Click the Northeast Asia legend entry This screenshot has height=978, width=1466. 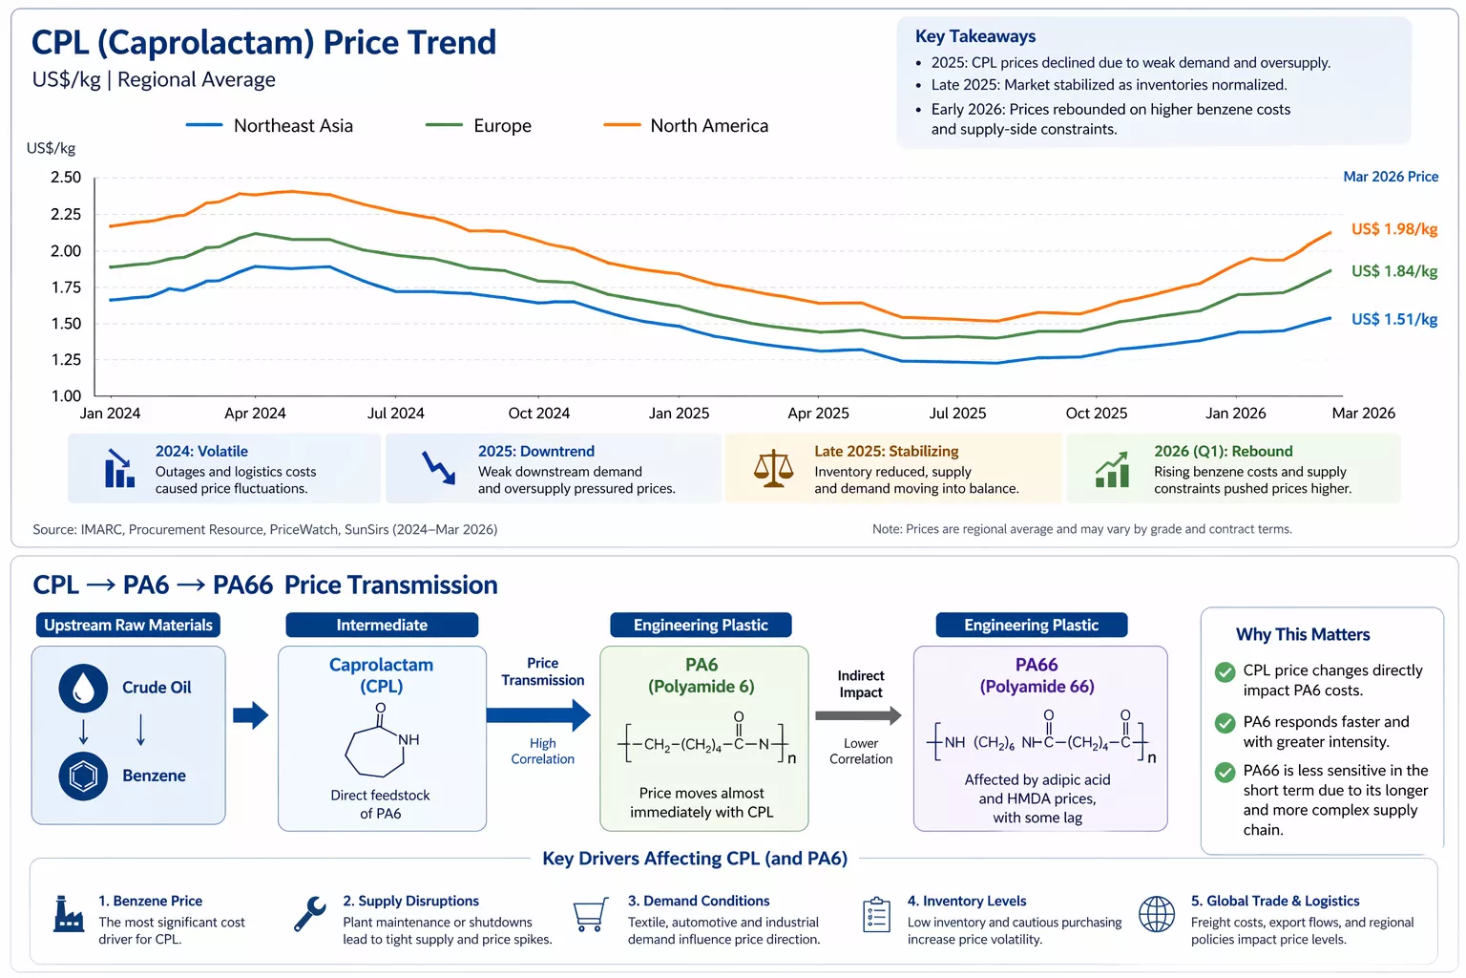click(x=270, y=126)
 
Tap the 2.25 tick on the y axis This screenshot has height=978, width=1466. click(x=66, y=214)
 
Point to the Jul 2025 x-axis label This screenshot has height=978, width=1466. click(x=957, y=414)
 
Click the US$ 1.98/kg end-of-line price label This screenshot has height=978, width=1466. click(x=1393, y=229)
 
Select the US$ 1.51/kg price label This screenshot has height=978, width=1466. click(x=1393, y=319)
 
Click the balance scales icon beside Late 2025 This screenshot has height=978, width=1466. click(x=773, y=469)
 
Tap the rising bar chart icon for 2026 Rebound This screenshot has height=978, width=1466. click(x=1112, y=469)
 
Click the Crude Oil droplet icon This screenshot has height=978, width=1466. click(x=83, y=688)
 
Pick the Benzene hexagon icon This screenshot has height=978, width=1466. click(x=83, y=776)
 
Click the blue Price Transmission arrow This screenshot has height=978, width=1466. click(x=538, y=714)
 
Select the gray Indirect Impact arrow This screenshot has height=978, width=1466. click(x=858, y=715)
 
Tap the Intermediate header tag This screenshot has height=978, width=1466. click(x=382, y=626)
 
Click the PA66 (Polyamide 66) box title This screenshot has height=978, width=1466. click(x=1037, y=675)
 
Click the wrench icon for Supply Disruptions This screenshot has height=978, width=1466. click(x=310, y=914)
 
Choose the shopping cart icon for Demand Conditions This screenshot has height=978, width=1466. click(x=590, y=915)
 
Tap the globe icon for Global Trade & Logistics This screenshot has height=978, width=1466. click(x=1156, y=915)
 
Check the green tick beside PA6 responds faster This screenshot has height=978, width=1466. click(x=1225, y=723)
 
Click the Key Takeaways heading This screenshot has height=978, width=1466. click(x=974, y=36)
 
